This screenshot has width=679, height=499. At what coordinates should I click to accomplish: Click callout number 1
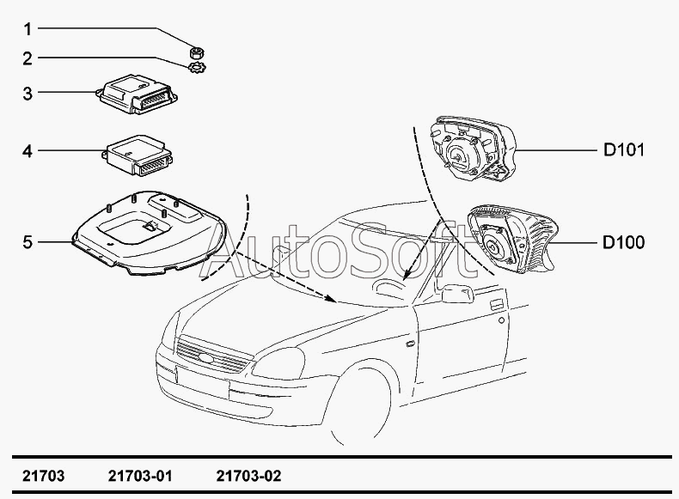coord(28,29)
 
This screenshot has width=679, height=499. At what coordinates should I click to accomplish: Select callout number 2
coord(28,58)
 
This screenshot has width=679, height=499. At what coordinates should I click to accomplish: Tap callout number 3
coord(28,92)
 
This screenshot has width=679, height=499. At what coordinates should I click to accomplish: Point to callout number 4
coord(28,151)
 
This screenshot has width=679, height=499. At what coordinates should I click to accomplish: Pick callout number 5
coord(28,242)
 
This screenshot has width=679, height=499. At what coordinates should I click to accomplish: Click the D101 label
coord(623,151)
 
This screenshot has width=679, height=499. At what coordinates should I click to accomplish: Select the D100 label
coord(623,243)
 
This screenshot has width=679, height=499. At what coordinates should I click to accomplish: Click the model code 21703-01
coord(142,476)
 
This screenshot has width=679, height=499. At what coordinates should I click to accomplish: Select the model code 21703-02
coord(248,476)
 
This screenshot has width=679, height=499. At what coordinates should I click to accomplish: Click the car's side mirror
coord(457,294)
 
